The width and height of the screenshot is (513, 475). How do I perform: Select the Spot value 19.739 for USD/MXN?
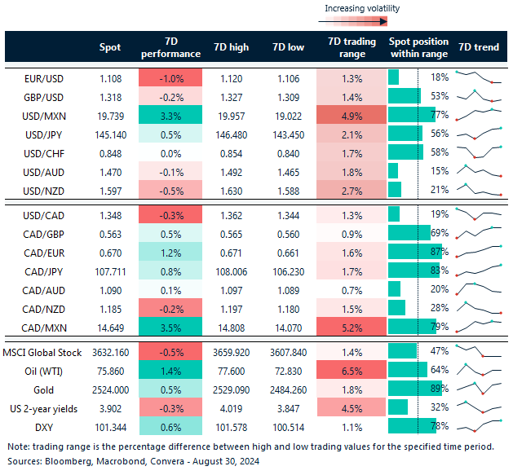coord(109,115)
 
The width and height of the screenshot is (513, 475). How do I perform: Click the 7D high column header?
coord(231,47)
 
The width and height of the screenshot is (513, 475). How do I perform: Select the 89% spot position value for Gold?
coord(440,389)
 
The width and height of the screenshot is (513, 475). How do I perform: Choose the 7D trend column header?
coord(479,47)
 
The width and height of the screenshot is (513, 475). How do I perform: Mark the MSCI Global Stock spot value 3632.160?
coord(109,351)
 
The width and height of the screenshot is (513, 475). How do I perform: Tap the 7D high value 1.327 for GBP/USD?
coord(231,96)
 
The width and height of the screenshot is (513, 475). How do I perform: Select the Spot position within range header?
coord(418,47)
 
